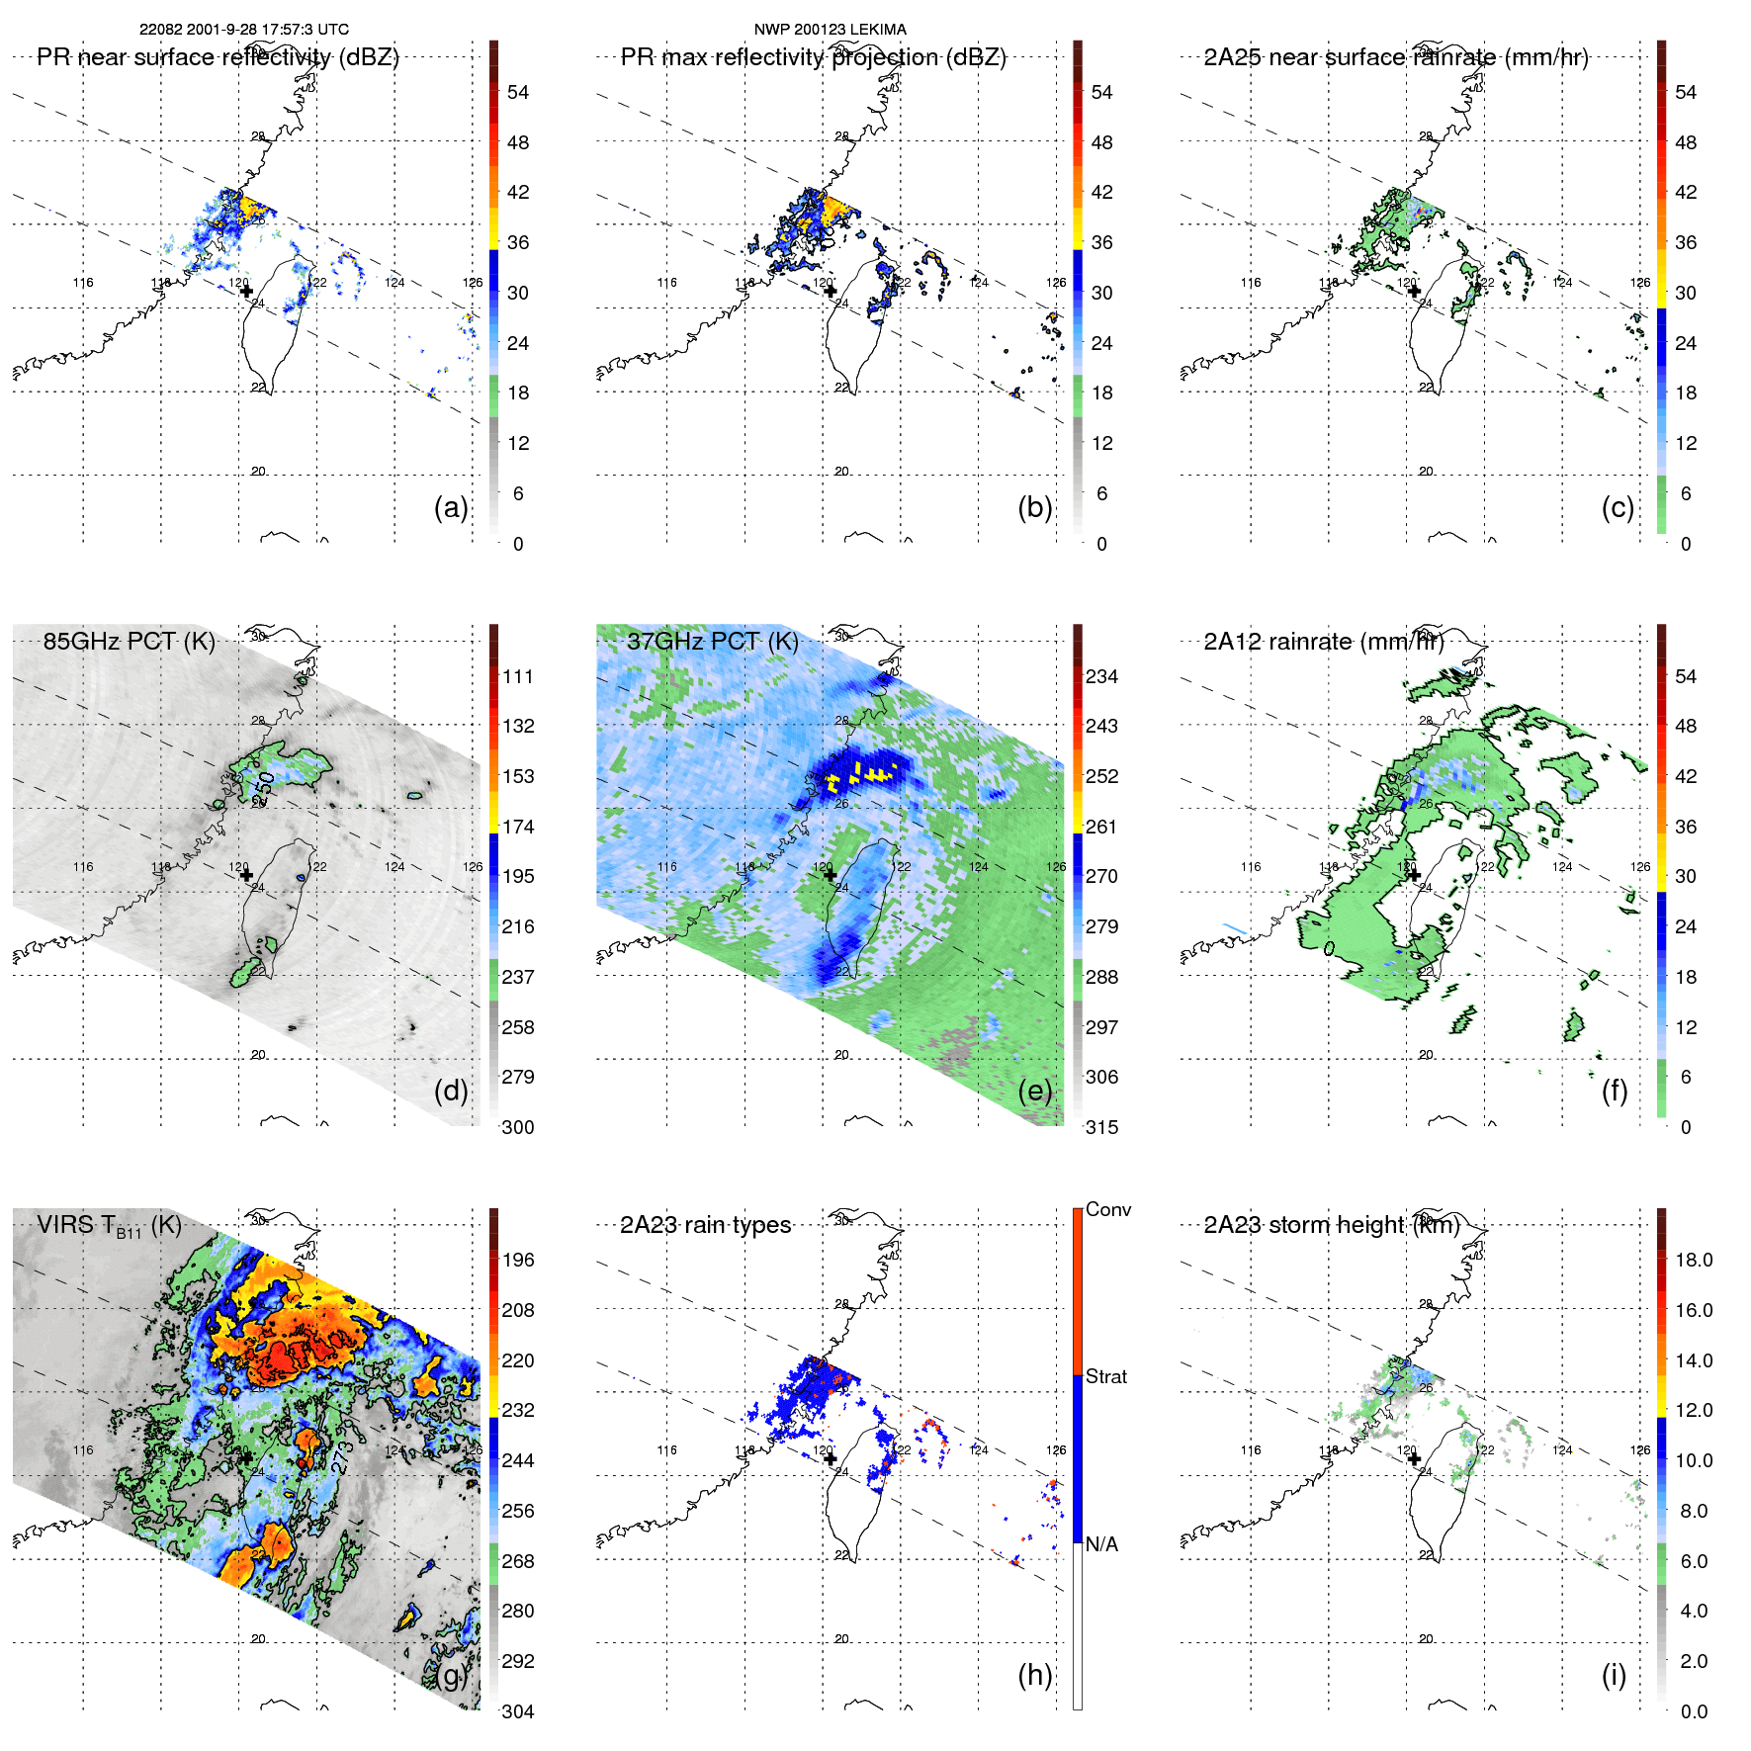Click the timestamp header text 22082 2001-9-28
click(243, 30)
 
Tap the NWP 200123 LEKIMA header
click(830, 30)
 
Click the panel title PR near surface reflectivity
click(218, 57)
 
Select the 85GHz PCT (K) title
click(129, 641)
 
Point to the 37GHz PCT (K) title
click(712, 641)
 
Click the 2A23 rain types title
click(705, 1225)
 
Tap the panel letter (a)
click(451, 507)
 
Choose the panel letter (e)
click(1035, 1091)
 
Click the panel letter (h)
click(1035, 1675)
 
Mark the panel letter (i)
click(1614, 1675)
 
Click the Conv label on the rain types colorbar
click(1108, 1209)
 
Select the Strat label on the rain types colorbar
click(1106, 1376)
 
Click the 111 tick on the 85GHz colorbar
click(518, 676)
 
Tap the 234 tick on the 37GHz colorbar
click(1101, 676)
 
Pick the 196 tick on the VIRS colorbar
click(518, 1260)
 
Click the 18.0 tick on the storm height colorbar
click(1694, 1260)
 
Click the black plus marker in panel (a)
click(246, 292)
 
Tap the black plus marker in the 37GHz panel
click(831, 875)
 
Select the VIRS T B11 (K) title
click(109, 1226)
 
